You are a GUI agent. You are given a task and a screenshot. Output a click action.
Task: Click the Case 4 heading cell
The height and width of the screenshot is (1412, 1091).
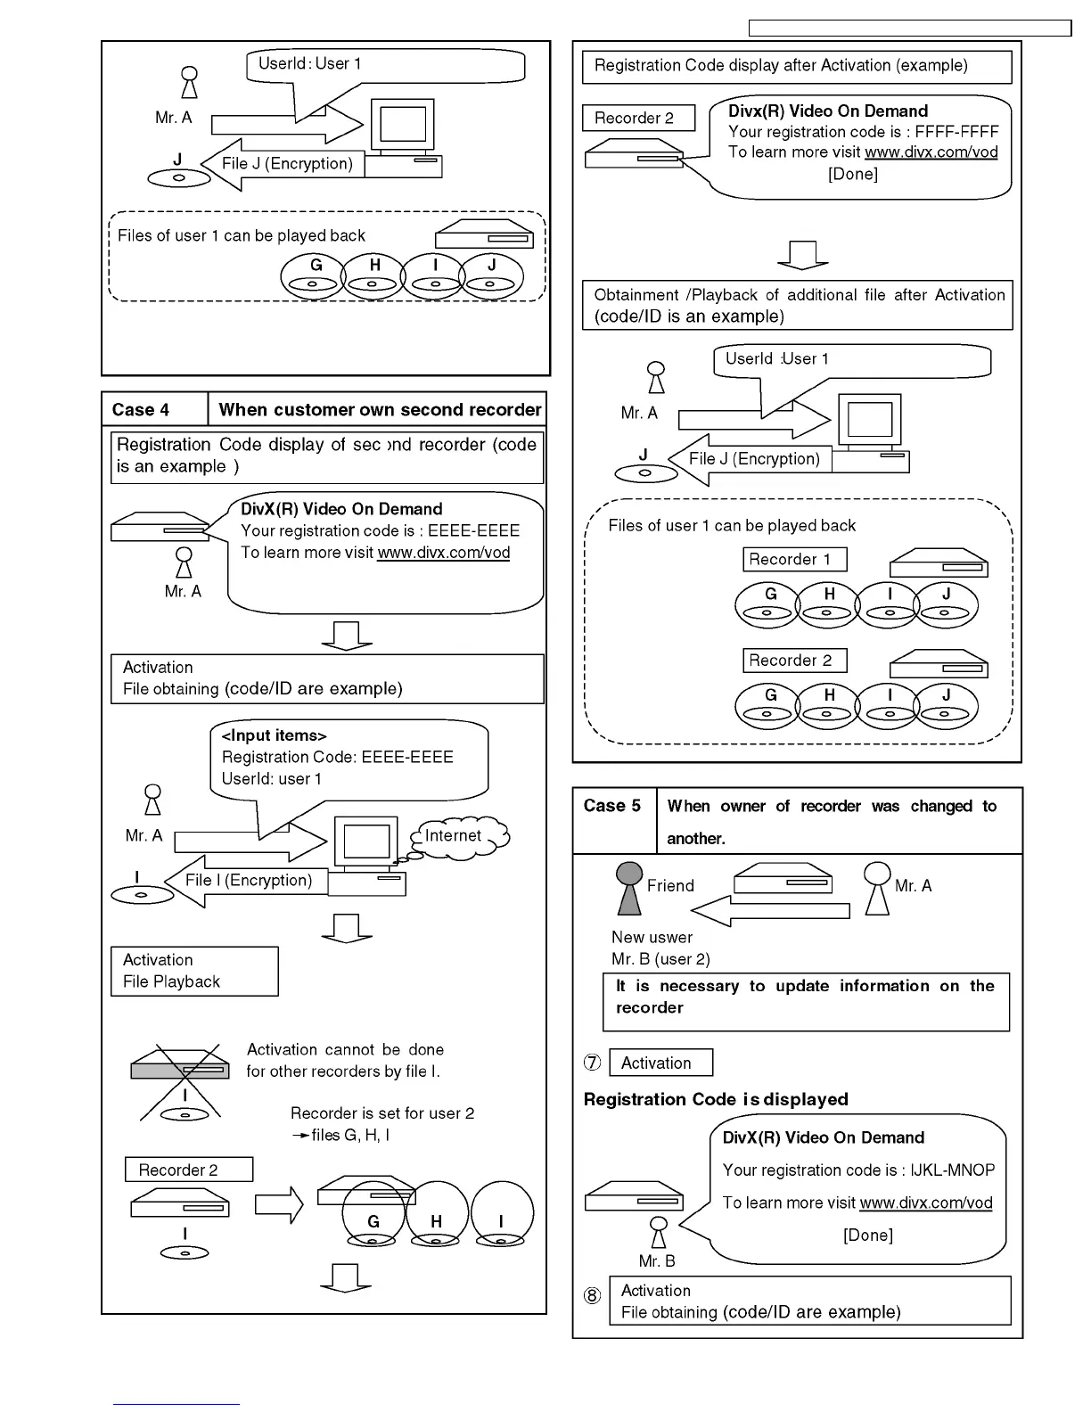click(x=155, y=410)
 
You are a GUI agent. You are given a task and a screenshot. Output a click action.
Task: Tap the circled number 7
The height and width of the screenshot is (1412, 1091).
click(x=593, y=1063)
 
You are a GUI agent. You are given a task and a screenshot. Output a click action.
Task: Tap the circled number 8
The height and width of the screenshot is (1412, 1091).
click(x=593, y=1296)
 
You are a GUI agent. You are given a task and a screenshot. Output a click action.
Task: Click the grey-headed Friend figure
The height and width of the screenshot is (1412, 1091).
click(x=629, y=888)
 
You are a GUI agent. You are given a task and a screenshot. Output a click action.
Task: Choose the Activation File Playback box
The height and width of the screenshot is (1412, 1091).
click(x=194, y=972)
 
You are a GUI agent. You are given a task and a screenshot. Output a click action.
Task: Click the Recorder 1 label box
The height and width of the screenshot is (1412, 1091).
click(x=794, y=560)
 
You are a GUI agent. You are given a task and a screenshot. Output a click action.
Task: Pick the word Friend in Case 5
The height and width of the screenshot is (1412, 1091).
click(x=670, y=886)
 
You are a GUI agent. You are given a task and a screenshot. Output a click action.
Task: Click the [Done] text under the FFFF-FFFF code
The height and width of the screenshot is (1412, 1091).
click(x=853, y=175)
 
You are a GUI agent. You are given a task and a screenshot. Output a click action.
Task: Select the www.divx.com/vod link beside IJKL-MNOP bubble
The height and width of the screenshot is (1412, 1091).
click(x=926, y=1203)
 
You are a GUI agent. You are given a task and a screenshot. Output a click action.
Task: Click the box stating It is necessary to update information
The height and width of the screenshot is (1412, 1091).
click(x=806, y=1002)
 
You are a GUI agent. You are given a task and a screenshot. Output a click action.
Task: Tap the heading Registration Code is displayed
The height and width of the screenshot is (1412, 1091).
click(x=716, y=1100)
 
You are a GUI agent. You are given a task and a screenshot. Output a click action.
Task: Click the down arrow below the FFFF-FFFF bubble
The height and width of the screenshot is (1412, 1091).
click(x=803, y=255)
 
